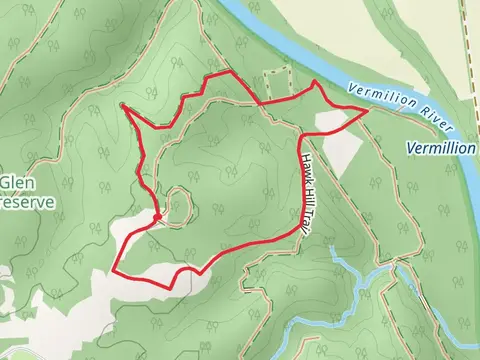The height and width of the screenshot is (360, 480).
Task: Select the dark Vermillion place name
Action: point(442,148)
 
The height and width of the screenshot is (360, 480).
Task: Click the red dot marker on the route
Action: point(158,215)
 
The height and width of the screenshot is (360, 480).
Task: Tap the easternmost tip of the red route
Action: point(367,111)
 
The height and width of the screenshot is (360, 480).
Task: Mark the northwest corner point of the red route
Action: point(123,105)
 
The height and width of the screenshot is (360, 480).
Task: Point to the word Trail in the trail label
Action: point(298,222)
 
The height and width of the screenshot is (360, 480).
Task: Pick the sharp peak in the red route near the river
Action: point(315,82)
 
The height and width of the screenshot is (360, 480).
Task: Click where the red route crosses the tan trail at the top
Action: point(258,103)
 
